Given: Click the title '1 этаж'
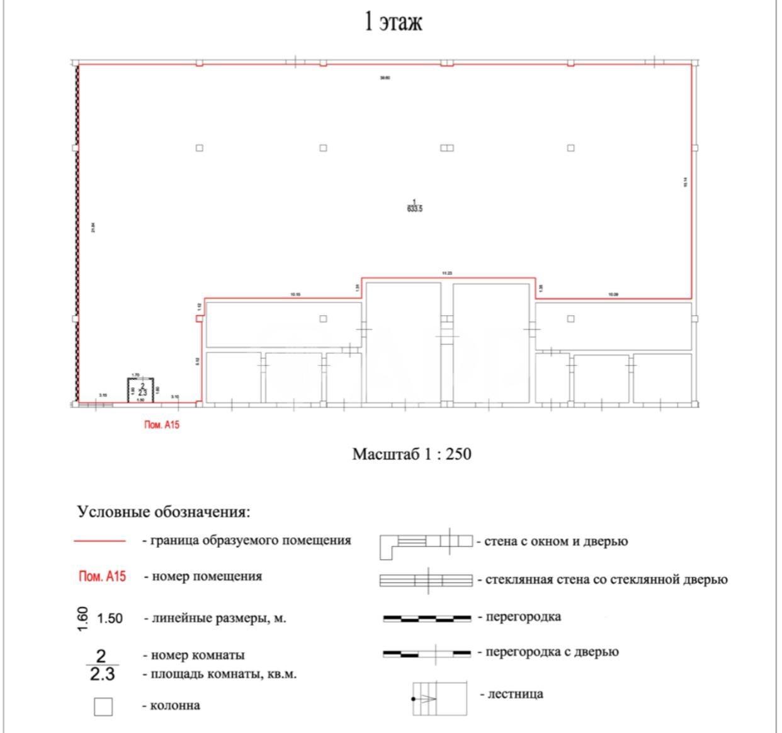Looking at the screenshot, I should pyautogui.click(x=394, y=22).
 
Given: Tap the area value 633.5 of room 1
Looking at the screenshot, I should pyautogui.click(x=415, y=209).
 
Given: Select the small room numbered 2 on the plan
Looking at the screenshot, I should pyautogui.click(x=142, y=389).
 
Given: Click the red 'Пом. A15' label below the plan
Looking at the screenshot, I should pyautogui.click(x=162, y=425).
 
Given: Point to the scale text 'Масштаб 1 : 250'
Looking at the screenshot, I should pyautogui.click(x=411, y=454).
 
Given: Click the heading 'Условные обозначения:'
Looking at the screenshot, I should pyautogui.click(x=164, y=512).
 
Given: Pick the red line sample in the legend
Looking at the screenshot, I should pyautogui.click(x=100, y=541).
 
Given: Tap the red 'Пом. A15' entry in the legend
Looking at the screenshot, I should pyautogui.click(x=102, y=576).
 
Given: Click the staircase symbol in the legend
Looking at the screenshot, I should pyautogui.click(x=439, y=698).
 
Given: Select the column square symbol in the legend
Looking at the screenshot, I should pyautogui.click(x=103, y=707).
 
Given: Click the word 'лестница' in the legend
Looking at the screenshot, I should pyautogui.click(x=511, y=695).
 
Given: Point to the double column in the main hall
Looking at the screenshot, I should pyautogui.click(x=446, y=148).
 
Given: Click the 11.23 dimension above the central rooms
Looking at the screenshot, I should pyautogui.click(x=447, y=273).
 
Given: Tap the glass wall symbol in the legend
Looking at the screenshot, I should pyautogui.click(x=426, y=580).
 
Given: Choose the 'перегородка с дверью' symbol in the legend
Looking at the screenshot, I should pyautogui.click(x=426, y=653).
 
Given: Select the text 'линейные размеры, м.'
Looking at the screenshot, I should pyautogui.click(x=215, y=618).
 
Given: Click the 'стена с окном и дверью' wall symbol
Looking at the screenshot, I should pyautogui.click(x=426, y=545).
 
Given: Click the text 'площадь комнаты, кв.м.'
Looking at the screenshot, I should pyautogui.click(x=220, y=674).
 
